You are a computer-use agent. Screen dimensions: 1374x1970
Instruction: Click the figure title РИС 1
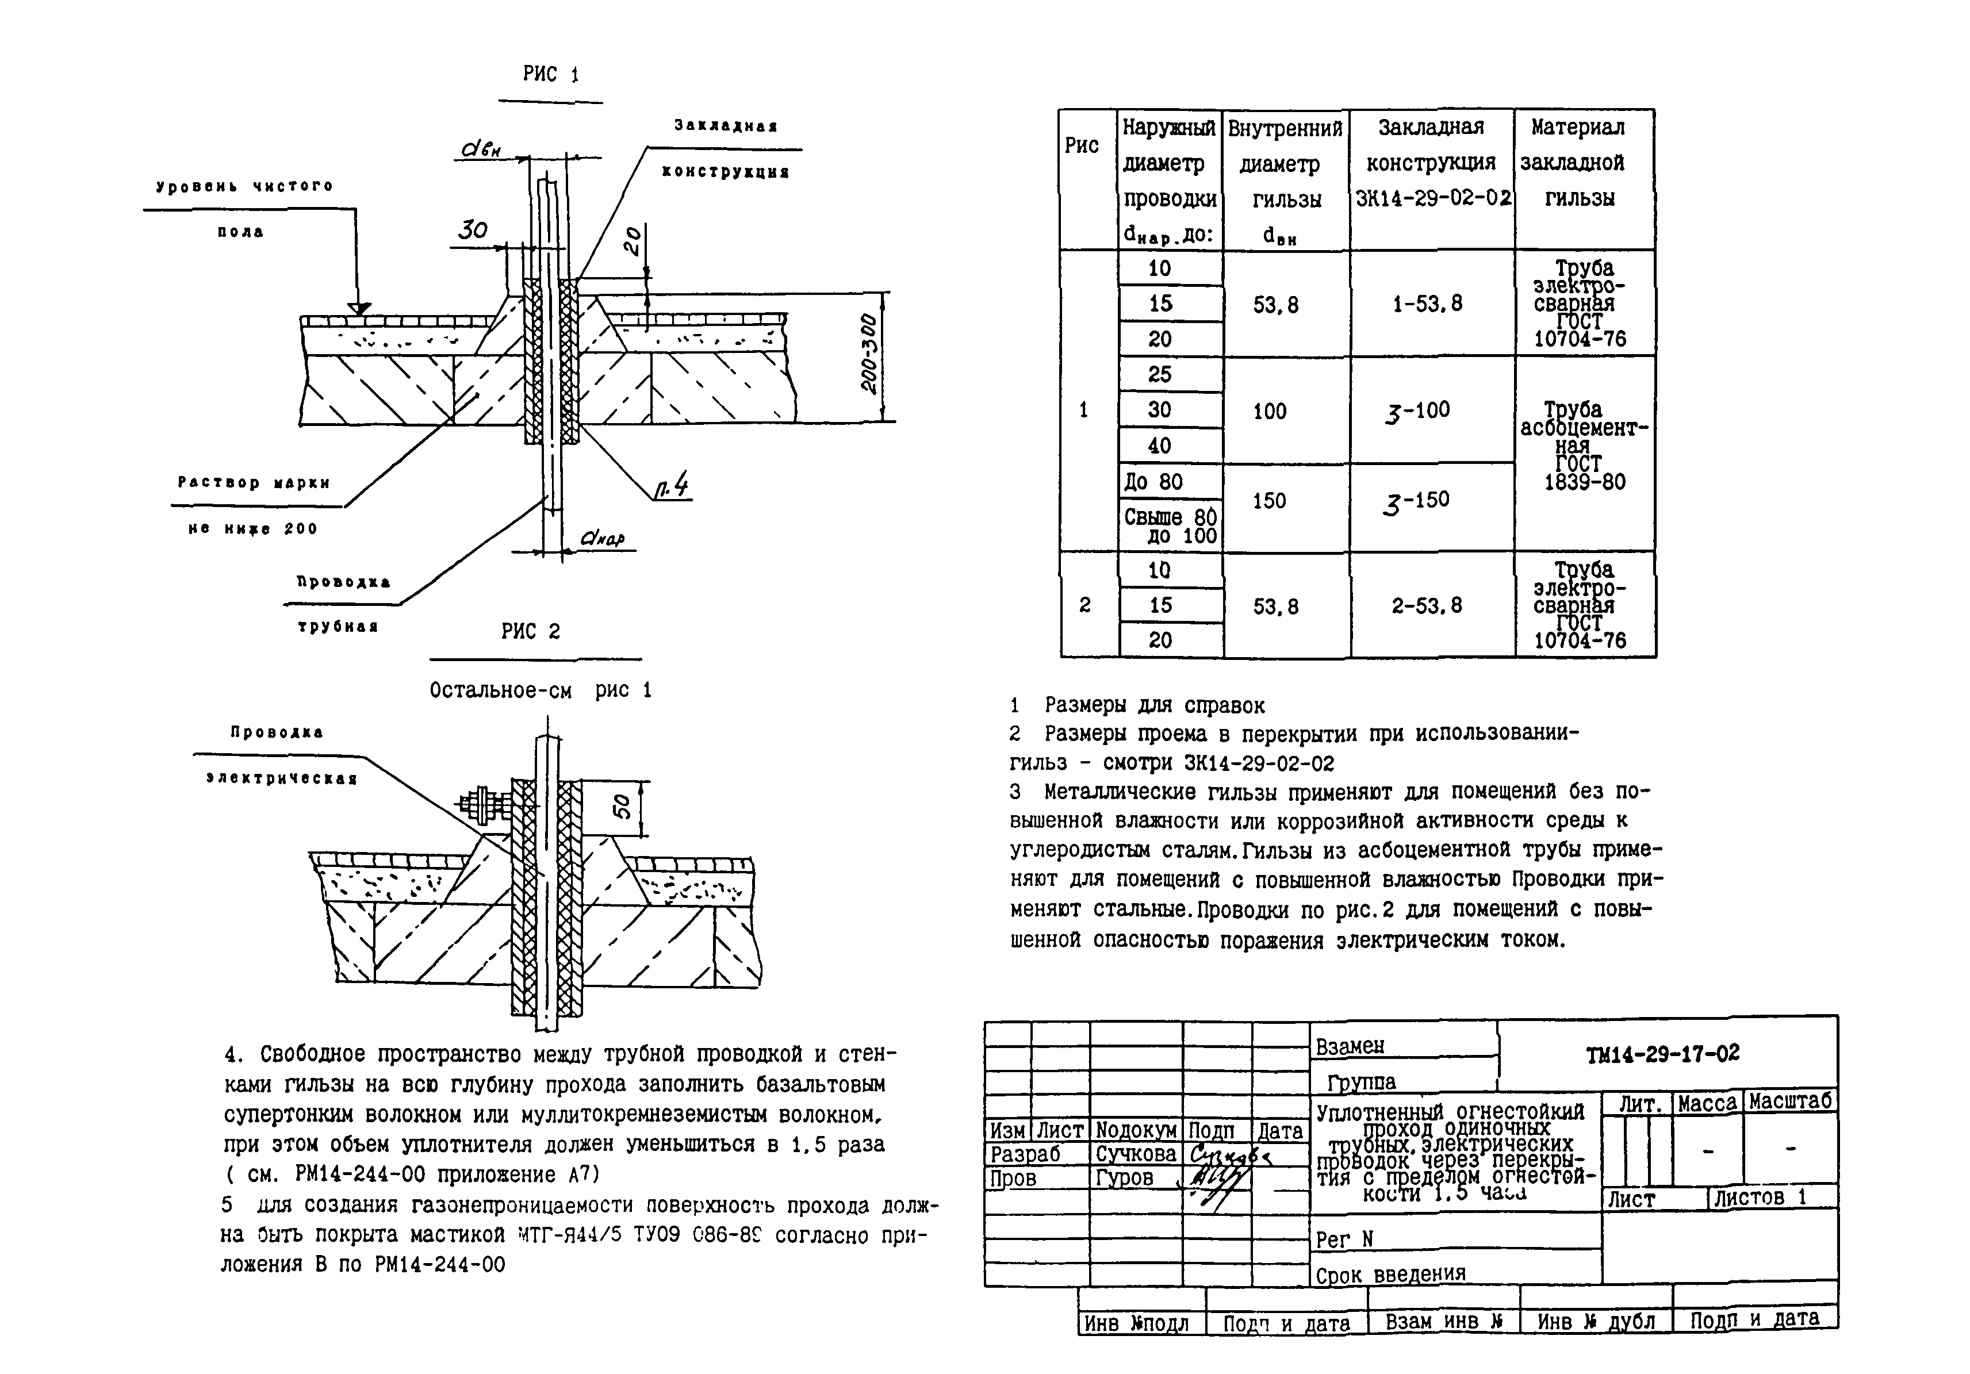(x=551, y=75)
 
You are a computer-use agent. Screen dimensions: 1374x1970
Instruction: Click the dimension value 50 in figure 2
(x=623, y=806)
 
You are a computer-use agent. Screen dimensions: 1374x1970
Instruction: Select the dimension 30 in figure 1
(x=472, y=230)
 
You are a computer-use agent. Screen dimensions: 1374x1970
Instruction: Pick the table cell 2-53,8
(x=1427, y=605)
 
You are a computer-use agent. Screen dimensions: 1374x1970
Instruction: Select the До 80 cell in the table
(x=1154, y=482)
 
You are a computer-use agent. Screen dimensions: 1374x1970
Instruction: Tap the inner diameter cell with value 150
(x=1269, y=501)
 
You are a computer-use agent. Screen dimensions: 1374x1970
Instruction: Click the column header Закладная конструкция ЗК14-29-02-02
(x=1431, y=163)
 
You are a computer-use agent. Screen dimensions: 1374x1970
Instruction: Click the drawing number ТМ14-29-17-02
(x=1662, y=1054)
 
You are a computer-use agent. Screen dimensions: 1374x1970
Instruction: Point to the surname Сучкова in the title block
(x=1135, y=1154)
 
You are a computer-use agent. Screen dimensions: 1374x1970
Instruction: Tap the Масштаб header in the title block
(x=1790, y=1102)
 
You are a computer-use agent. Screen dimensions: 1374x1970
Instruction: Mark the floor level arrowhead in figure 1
(x=359, y=308)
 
